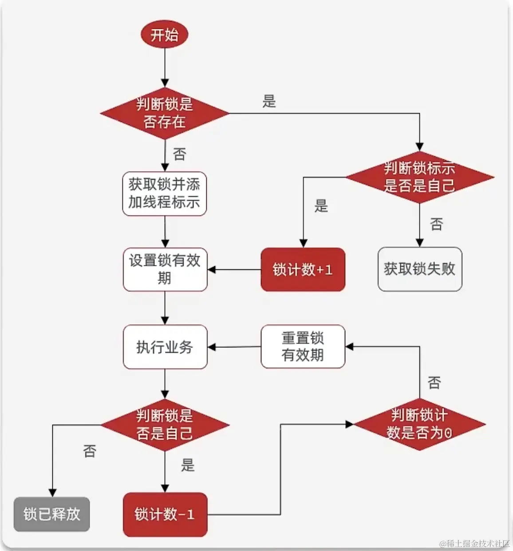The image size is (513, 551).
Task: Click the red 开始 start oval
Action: click(165, 35)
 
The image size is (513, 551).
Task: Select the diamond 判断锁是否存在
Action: click(165, 113)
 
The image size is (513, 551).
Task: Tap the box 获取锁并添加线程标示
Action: click(165, 194)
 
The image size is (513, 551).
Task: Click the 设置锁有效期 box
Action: click(165, 269)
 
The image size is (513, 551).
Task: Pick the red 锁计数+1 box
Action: click(303, 270)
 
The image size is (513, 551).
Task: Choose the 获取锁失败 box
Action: click(419, 269)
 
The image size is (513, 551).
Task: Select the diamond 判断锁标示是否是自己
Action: click(419, 177)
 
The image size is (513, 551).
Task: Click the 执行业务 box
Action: click(165, 347)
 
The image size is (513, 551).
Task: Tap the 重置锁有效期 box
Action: click(303, 346)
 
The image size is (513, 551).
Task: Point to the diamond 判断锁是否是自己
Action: click(165, 425)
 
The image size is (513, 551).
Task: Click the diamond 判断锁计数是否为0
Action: click(419, 424)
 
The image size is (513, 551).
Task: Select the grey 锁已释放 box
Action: click(52, 514)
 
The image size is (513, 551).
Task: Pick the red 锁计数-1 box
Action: click(165, 514)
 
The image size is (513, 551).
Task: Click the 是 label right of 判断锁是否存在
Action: click(269, 102)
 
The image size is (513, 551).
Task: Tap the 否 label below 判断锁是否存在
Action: click(179, 154)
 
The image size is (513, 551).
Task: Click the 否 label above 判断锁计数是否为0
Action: click(434, 382)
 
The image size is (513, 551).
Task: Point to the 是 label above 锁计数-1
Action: click(187, 465)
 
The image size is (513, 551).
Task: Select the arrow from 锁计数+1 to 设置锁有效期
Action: click(234, 270)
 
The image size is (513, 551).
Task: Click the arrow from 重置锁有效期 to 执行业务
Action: click(234, 347)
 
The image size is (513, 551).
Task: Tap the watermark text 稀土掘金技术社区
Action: click(475, 543)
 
